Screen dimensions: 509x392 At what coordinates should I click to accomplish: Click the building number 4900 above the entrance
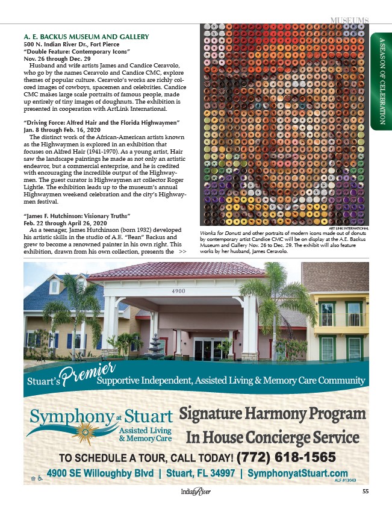coord(178,291)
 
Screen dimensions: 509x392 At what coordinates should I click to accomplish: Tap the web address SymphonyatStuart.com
coord(297,473)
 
